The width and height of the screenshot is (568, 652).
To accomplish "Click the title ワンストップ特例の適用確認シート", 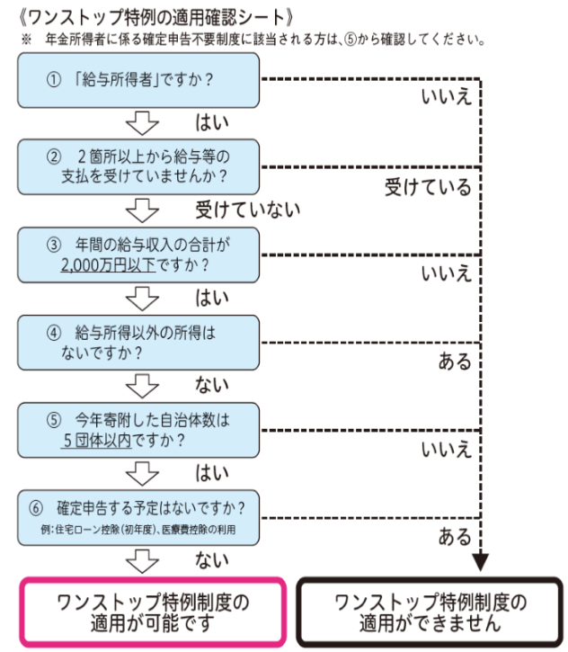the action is (155, 17).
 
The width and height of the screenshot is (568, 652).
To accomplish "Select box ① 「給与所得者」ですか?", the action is (138, 80).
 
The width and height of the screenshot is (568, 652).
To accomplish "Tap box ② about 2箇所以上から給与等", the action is (138, 167).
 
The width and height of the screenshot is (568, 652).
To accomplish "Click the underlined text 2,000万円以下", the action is (108, 265).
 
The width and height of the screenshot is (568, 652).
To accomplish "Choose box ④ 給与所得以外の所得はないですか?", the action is (138, 343).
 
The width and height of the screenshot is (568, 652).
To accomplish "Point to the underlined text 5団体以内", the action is (97, 440).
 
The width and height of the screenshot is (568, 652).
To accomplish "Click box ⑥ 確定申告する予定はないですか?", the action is (138, 518).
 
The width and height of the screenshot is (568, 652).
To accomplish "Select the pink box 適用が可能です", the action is (153, 612).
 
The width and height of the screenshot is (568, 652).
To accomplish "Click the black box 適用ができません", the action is (430, 612).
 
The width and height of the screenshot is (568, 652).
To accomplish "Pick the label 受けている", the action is (428, 187).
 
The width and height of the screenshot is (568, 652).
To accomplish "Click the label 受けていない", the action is (248, 210).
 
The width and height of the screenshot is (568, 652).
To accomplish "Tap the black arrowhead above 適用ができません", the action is (480, 562).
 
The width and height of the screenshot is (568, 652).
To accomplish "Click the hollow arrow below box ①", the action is (142, 122).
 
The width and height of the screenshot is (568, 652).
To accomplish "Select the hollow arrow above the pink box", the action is (142, 561).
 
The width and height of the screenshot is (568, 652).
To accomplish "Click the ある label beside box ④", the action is (455, 362).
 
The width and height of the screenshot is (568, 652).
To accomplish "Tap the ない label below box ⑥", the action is (212, 559).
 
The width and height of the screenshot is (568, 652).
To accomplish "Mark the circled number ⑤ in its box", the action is (54, 420).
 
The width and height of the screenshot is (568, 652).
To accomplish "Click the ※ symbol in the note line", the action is (26, 40).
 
